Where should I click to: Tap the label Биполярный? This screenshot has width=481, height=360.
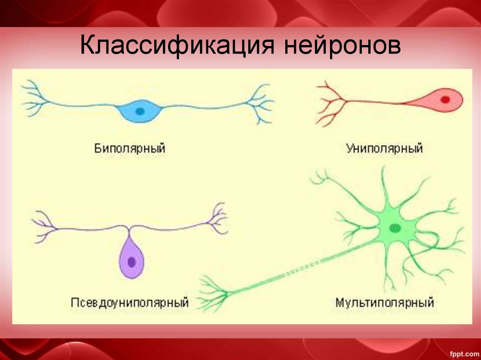pyautogui.click(x=130, y=149)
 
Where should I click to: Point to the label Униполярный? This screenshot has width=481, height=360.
pyautogui.click(x=385, y=149)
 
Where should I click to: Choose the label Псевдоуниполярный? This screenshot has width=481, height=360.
pyautogui.click(x=130, y=302)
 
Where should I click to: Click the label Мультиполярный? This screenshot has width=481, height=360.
pyautogui.click(x=384, y=302)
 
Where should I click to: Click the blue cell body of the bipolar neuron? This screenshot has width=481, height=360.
pyautogui.click(x=140, y=111)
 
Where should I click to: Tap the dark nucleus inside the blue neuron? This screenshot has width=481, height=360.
pyautogui.click(x=140, y=111)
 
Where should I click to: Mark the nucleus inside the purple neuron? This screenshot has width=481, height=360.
pyautogui.click(x=132, y=261)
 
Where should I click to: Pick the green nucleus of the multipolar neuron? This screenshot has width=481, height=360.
pyautogui.click(x=395, y=228)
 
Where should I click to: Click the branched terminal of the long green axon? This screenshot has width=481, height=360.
pyautogui.click(x=214, y=295)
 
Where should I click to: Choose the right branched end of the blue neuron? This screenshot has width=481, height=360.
pyautogui.click(x=260, y=103)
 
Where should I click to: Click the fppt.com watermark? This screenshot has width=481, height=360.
pyautogui.click(x=462, y=352)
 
